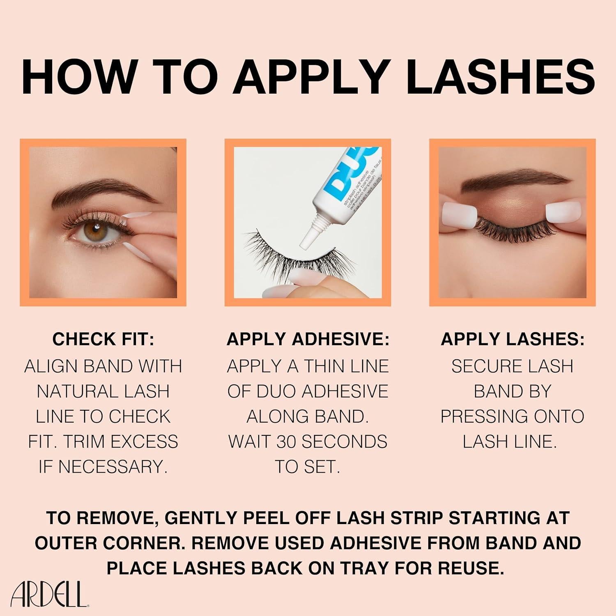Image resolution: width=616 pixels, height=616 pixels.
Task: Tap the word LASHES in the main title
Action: click(503, 77)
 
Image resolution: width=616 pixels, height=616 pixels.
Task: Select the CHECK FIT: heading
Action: click(103, 339)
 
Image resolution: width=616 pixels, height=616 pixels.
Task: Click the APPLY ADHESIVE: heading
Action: click(308, 339)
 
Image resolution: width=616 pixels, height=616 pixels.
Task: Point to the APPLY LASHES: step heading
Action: click(512, 339)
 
